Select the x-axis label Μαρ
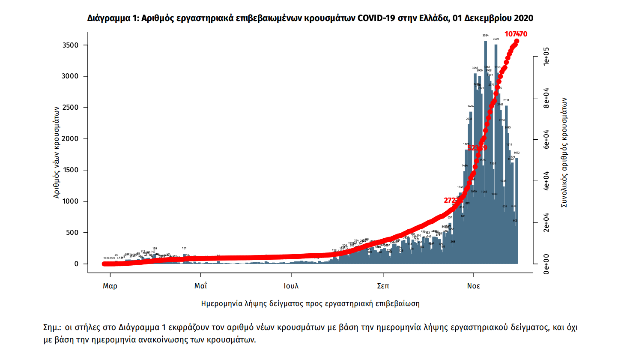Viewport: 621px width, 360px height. (x=110, y=286)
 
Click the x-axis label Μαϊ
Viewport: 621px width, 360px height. (x=200, y=286)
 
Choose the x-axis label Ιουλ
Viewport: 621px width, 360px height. (x=291, y=286)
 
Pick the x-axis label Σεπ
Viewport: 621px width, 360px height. (x=383, y=286)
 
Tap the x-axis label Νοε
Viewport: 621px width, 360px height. (x=474, y=286)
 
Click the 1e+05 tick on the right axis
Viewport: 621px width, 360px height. (x=546, y=57)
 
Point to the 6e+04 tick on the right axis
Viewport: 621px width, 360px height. (x=546, y=140)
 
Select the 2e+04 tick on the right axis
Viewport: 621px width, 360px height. (x=546, y=223)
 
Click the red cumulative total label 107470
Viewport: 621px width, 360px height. (x=516, y=34)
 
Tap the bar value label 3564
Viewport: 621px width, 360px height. (x=485, y=36)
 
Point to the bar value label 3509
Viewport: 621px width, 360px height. (x=496, y=39)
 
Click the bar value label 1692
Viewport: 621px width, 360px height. (x=517, y=153)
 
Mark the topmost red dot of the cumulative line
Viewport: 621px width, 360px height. (x=517, y=42)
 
